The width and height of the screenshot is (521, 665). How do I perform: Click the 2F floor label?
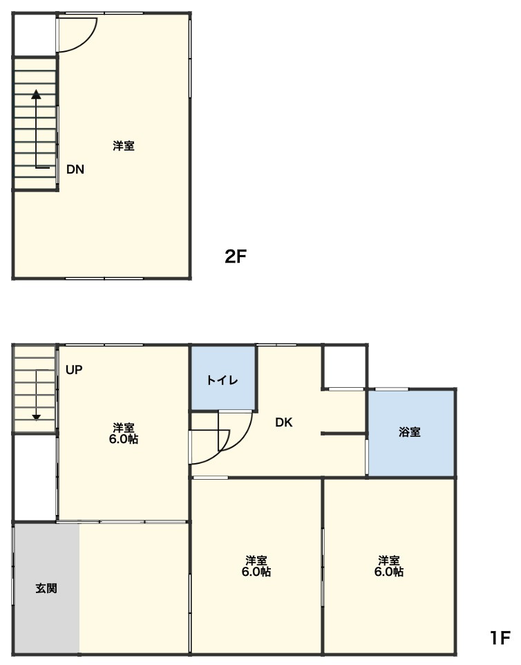coord(236,256)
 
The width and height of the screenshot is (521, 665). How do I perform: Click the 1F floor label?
coord(500,637)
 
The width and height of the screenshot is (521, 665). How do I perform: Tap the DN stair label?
coord(75,169)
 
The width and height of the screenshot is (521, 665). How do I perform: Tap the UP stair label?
coord(74,370)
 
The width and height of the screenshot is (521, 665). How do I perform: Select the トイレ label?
coord(222,380)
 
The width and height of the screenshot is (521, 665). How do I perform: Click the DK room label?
coord(283,422)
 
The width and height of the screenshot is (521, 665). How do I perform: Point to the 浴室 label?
coord(410,432)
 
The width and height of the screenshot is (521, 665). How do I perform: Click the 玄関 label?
coord(46,588)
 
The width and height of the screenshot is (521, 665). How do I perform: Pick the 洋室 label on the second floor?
coord(124,146)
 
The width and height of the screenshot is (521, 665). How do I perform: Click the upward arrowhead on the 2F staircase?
coord(37,94)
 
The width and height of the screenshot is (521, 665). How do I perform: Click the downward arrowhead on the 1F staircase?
coord(37,417)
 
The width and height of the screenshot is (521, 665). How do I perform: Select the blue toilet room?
coord(223,378)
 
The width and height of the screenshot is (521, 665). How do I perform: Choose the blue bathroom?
coord(411,433)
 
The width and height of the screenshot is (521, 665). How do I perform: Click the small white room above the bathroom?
coord(344,367)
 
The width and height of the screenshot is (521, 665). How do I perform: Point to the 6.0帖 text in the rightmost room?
coord(389,572)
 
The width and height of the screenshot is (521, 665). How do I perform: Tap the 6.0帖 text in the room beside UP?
coord(124,439)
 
